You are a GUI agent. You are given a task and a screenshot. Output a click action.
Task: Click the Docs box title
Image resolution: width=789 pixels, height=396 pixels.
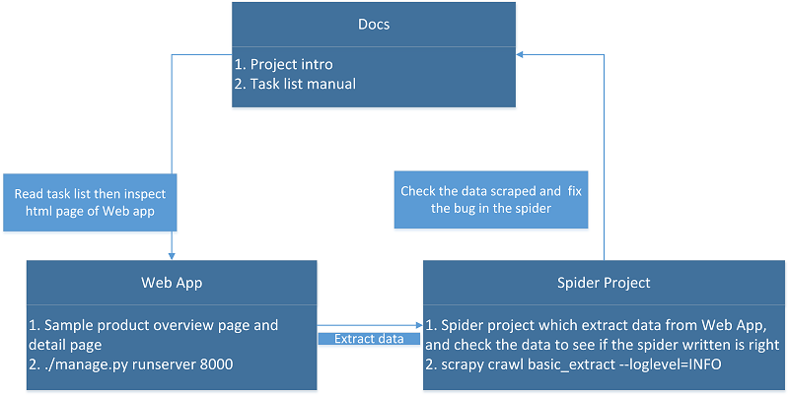[x=374, y=24]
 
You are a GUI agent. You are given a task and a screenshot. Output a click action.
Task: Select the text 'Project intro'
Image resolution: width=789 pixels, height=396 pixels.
[x=291, y=64]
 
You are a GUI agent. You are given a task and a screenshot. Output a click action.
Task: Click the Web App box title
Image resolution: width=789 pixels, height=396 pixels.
[x=172, y=283]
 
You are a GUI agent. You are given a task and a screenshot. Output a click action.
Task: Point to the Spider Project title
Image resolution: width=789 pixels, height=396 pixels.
[x=604, y=283]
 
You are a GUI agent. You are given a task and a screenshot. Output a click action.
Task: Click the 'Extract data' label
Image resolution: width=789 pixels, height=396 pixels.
[x=369, y=339]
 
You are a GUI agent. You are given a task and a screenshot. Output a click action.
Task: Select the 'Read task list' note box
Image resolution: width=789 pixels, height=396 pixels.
[x=90, y=203]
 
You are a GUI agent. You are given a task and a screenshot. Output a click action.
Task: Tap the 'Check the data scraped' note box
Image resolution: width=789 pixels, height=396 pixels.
[x=491, y=200]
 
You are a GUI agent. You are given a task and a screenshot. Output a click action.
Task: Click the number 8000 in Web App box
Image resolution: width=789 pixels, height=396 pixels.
[x=216, y=364]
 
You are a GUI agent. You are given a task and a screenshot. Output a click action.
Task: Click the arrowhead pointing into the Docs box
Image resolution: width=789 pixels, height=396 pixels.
[x=520, y=54]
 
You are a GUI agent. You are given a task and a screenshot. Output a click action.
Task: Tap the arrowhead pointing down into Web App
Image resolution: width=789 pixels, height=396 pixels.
[x=172, y=257]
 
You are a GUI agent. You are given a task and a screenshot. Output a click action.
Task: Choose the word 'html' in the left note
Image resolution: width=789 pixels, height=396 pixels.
[x=38, y=211]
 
